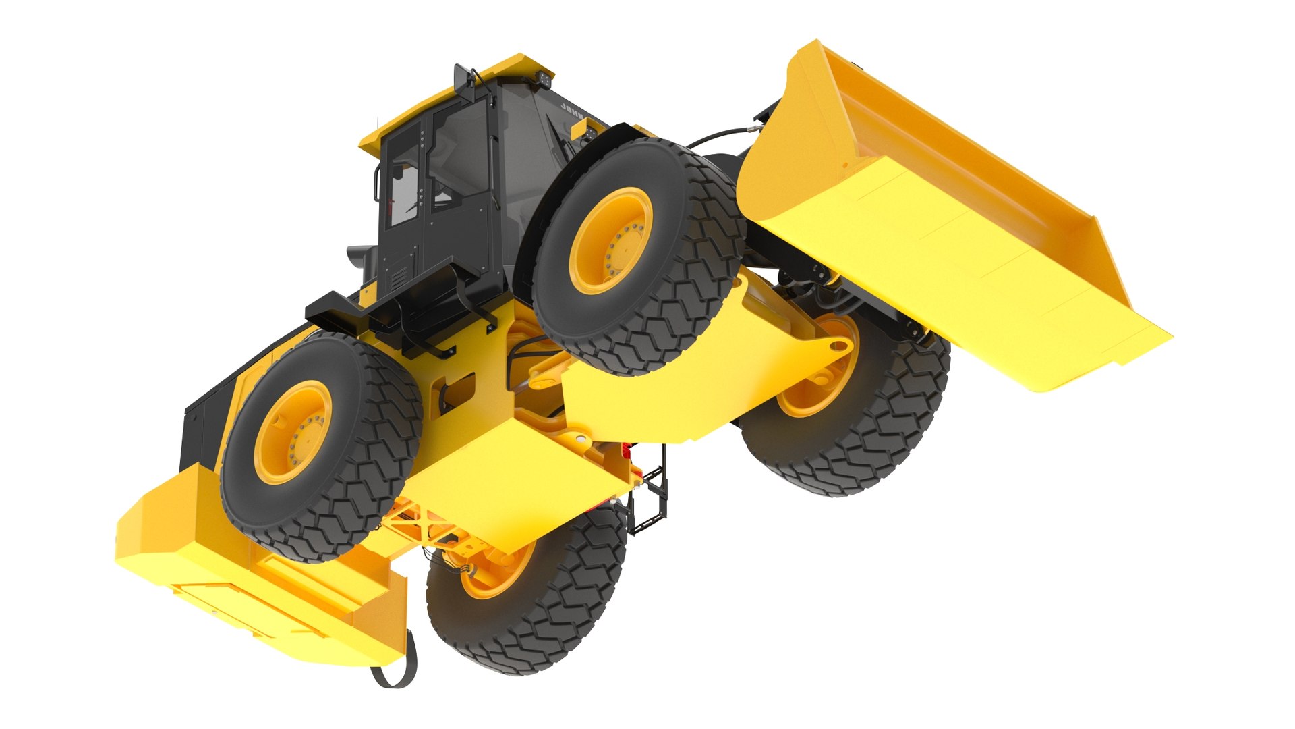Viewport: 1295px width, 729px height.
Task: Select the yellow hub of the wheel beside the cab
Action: tap(611, 240)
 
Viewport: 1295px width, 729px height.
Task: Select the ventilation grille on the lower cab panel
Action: tap(399, 276)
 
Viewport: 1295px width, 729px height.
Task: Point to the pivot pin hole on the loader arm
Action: tap(838, 347)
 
